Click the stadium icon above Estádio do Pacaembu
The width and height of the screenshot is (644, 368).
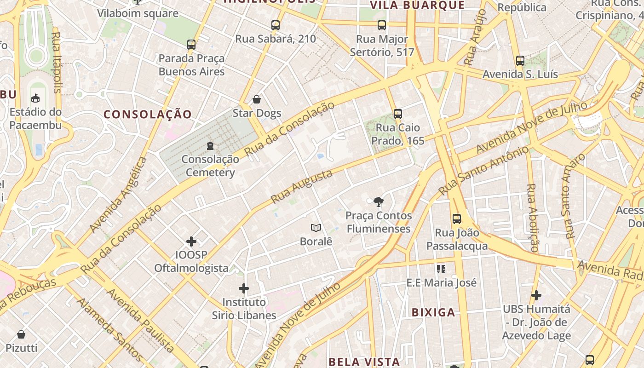(x=35, y=98)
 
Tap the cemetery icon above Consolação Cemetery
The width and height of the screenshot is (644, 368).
(x=210, y=146)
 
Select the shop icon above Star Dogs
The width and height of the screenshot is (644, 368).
(x=257, y=99)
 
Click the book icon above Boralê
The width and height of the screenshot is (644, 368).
(x=316, y=228)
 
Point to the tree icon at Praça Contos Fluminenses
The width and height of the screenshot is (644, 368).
(x=379, y=201)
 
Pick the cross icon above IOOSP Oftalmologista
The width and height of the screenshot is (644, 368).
(x=191, y=241)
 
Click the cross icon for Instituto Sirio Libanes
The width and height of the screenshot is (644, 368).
(x=244, y=288)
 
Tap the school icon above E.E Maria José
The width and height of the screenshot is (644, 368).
(x=441, y=269)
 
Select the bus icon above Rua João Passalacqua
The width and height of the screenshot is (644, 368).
(x=456, y=219)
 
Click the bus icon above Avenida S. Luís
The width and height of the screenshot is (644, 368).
(x=520, y=61)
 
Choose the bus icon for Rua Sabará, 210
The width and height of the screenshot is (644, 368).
(x=276, y=25)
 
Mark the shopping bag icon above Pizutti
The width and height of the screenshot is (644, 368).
(x=21, y=334)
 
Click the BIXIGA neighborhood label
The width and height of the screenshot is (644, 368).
(x=433, y=313)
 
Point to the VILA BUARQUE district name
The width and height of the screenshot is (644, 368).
(x=418, y=5)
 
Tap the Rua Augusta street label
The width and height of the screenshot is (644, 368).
(x=302, y=187)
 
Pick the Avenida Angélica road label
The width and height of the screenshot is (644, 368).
(x=118, y=194)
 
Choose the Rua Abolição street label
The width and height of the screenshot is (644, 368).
(x=533, y=218)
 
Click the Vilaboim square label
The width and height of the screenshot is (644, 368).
(x=138, y=13)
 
